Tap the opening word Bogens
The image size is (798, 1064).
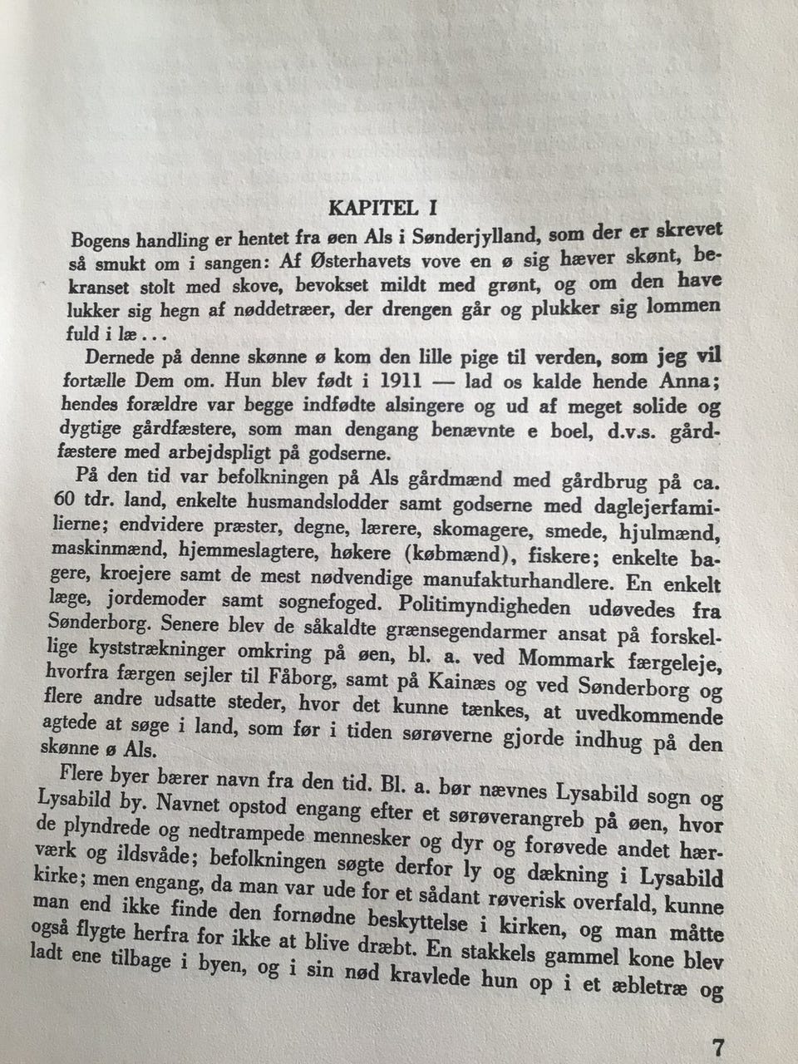tap(103, 240)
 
